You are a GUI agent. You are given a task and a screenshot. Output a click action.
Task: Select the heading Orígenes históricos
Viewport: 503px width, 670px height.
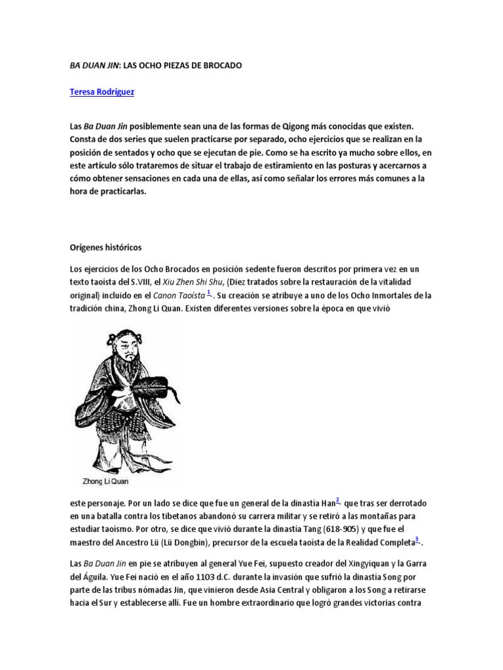[105, 248]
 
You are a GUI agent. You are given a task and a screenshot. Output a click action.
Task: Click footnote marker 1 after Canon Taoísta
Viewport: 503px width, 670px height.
[209, 292]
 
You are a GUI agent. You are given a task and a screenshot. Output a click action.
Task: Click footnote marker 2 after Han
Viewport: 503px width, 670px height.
[338, 501]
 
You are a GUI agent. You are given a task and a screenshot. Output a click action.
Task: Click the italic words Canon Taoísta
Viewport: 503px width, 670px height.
[178, 295]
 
